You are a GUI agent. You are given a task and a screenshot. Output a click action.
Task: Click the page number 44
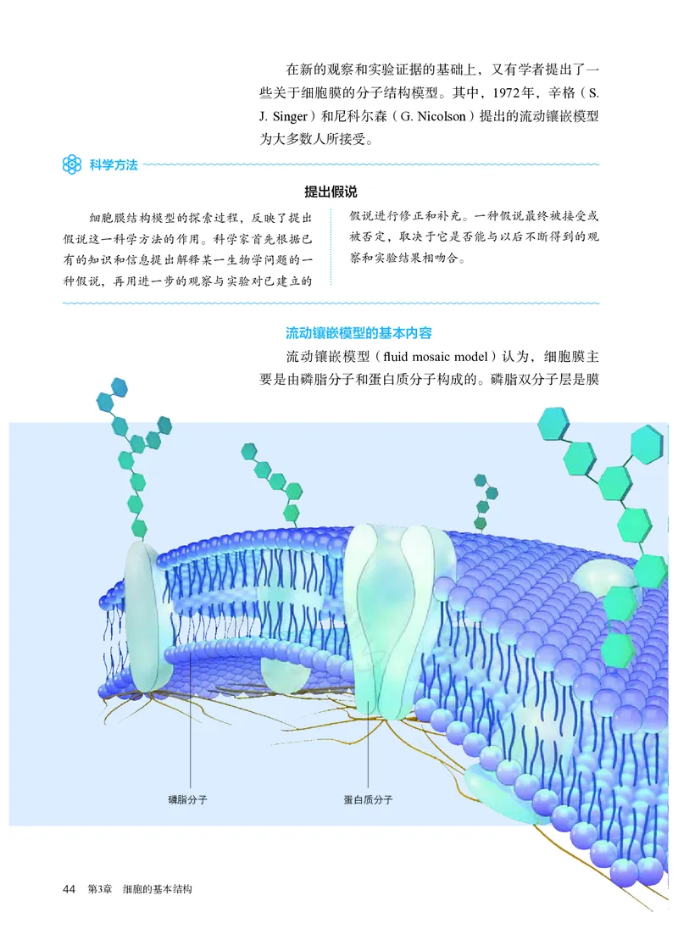(69, 889)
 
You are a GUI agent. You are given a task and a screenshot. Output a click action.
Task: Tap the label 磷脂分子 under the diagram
(188, 799)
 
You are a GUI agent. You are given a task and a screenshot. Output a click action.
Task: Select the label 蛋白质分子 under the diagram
(368, 799)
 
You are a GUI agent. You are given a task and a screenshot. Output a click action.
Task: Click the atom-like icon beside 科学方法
(71, 164)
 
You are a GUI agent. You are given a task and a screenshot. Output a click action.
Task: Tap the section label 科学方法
(112, 164)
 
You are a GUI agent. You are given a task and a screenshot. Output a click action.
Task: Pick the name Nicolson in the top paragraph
(437, 116)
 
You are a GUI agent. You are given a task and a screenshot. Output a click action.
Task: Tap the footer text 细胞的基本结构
(158, 889)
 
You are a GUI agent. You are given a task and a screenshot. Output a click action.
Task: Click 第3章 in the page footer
(101, 889)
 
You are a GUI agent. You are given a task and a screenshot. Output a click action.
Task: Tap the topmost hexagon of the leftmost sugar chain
(118, 386)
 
